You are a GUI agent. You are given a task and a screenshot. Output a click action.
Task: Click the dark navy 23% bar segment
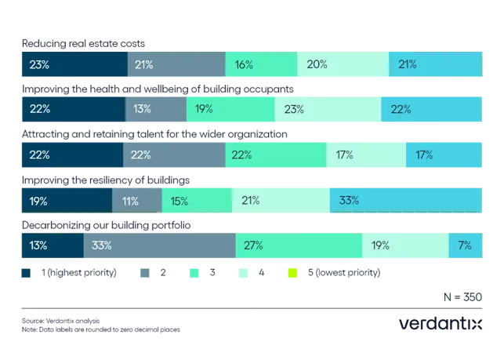pyautogui.click(x=73, y=64)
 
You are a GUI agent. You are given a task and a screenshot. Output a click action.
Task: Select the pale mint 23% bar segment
pyautogui.click(x=328, y=109)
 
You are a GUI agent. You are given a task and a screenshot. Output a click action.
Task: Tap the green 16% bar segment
pyautogui.click(x=261, y=64)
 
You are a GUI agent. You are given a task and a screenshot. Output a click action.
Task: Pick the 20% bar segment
pyautogui.click(x=343, y=64)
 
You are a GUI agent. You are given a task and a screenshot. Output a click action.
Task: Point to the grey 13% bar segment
pyautogui.click(x=155, y=109)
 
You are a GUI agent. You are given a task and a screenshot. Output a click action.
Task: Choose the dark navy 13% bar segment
pyautogui.click(x=52, y=245)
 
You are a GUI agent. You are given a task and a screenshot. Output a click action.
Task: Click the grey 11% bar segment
pyautogui.click(x=137, y=200)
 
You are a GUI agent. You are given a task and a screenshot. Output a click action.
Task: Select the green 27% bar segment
pyautogui.click(x=299, y=245)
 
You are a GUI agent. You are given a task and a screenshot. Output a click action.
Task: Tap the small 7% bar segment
pyautogui.click(x=466, y=245)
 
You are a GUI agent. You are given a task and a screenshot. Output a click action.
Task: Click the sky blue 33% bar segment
pyautogui.click(x=406, y=200)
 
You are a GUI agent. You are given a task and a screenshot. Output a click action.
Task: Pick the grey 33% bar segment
pyautogui.click(x=159, y=245)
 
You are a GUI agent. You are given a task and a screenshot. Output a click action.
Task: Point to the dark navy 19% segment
pyautogui.click(x=66, y=200)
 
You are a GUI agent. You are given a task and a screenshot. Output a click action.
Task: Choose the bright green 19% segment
pyautogui.click(x=230, y=109)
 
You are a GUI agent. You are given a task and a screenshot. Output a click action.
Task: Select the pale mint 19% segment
pyautogui.click(x=404, y=245)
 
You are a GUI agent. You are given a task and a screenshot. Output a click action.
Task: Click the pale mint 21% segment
pyautogui.click(x=281, y=200)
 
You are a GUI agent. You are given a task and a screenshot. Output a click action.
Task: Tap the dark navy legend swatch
pyautogui.click(x=26, y=274)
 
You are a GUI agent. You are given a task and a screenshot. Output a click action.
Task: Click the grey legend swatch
pyautogui.click(x=144, y=274)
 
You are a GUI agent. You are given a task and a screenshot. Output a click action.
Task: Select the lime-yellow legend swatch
pyautogui.click(x=292, y=274)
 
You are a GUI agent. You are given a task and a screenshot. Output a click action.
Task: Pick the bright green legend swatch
pyautogui.click(x=194, y=274)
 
